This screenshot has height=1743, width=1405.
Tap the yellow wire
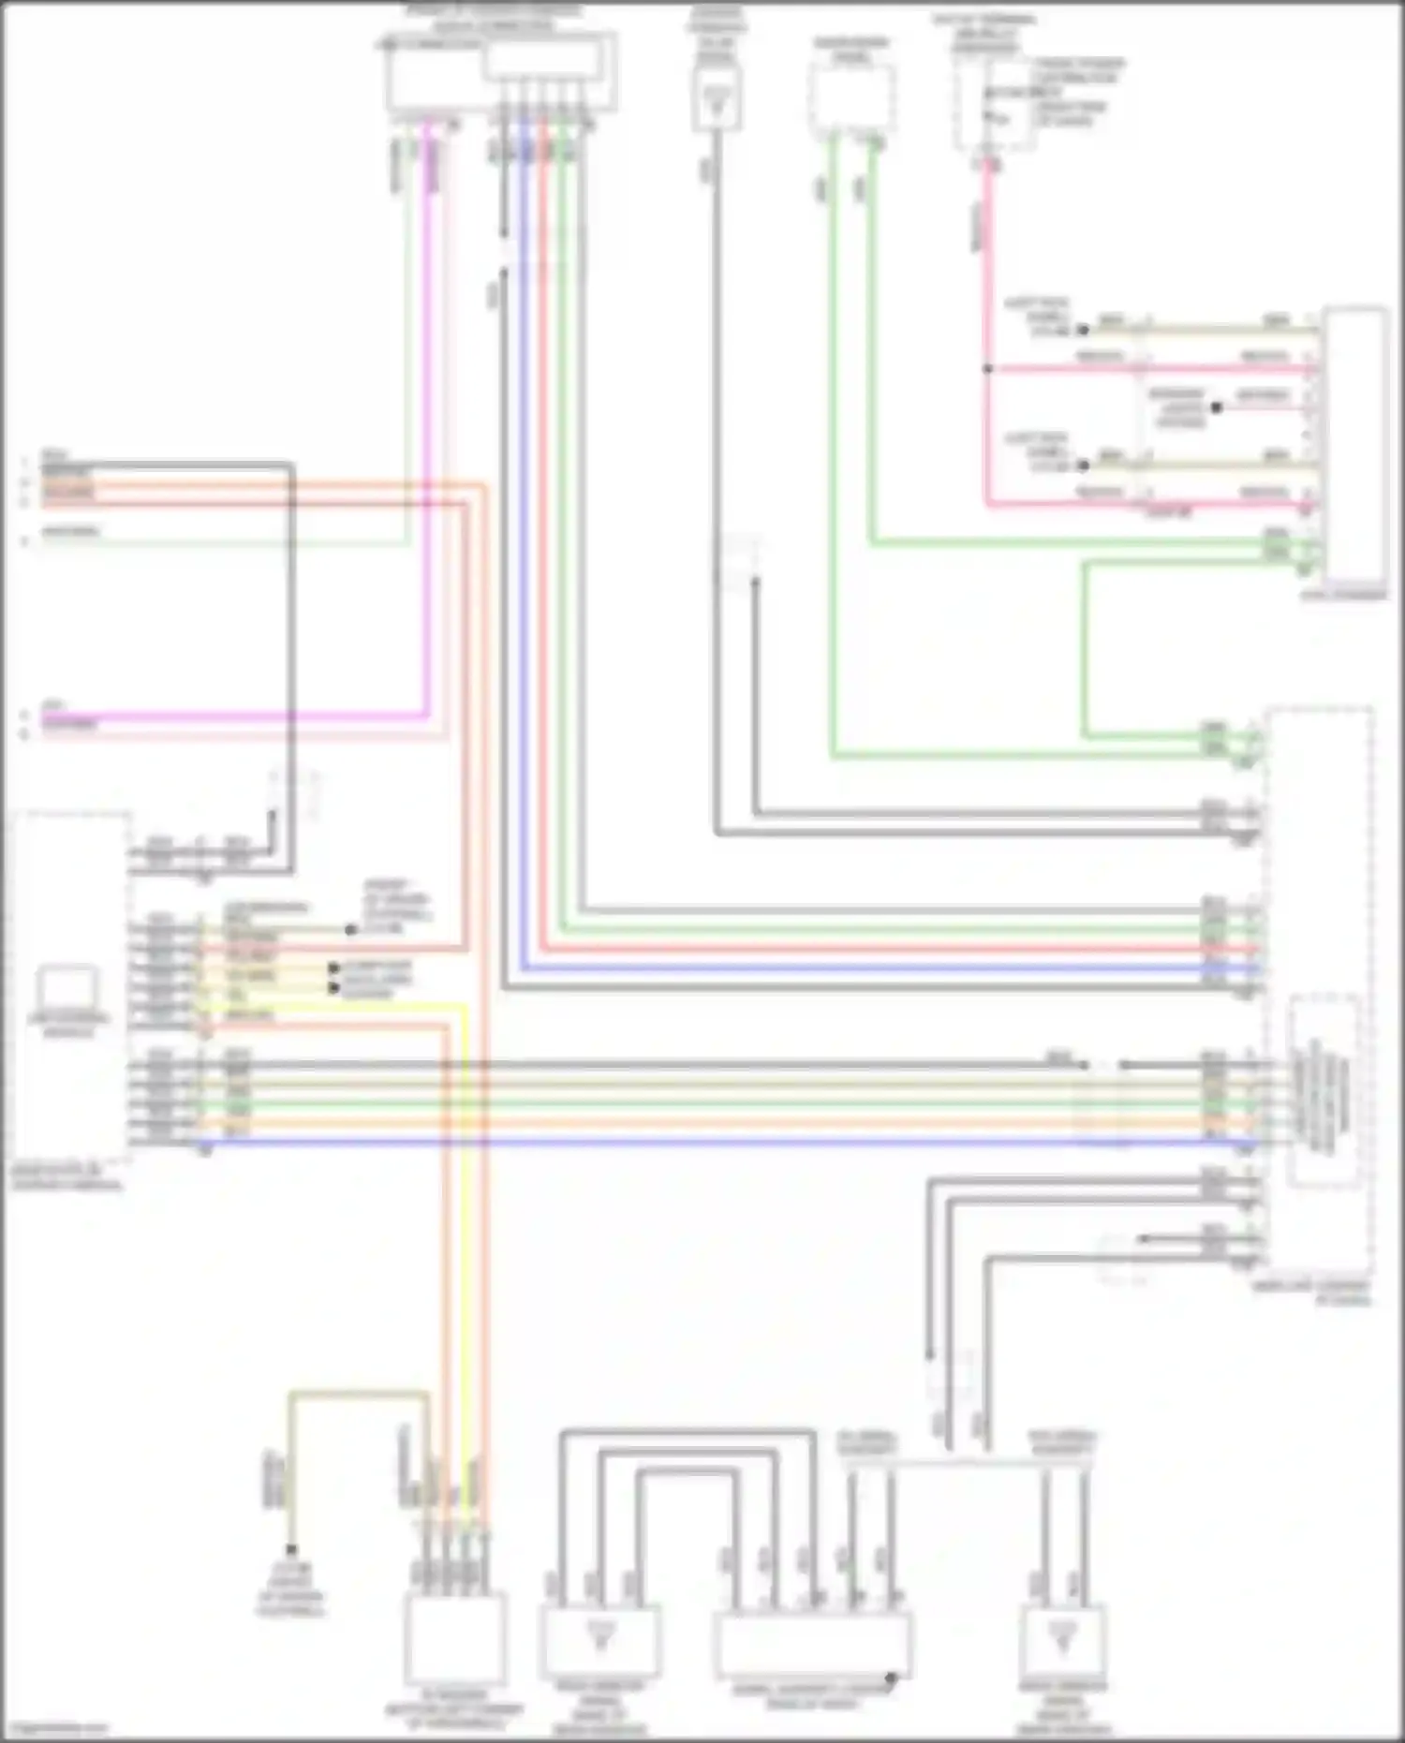[465, 1218]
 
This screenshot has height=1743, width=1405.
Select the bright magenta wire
[428, 421]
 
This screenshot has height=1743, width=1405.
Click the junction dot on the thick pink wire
[986, 369]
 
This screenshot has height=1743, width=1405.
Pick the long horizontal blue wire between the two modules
[656, 1143]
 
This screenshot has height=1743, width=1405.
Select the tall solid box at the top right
[1355, 445]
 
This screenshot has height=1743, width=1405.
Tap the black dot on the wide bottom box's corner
[891, 1677]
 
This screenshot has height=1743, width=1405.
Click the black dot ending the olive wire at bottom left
[291, 1550]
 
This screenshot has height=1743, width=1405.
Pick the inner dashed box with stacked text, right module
[1324, 1091]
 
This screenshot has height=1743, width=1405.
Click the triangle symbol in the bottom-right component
[1062, 1634]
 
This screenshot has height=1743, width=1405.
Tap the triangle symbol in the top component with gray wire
[717, 96]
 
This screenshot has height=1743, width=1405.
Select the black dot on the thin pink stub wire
[1216, 408]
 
